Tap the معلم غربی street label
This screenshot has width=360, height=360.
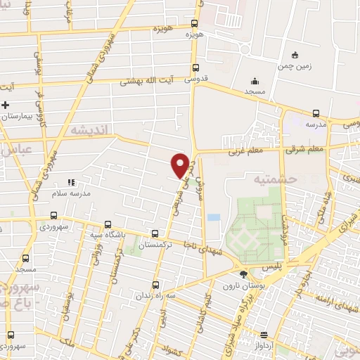click(x=244, y=150)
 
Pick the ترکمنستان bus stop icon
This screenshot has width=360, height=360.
click(x=155, y=234)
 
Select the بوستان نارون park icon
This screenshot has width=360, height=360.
click(x=243, y=275)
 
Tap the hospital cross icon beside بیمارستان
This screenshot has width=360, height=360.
click(x=6, y=105)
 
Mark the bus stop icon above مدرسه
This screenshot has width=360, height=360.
click(x=316, y=112)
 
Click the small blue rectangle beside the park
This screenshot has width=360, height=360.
click(x=213, y=216)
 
